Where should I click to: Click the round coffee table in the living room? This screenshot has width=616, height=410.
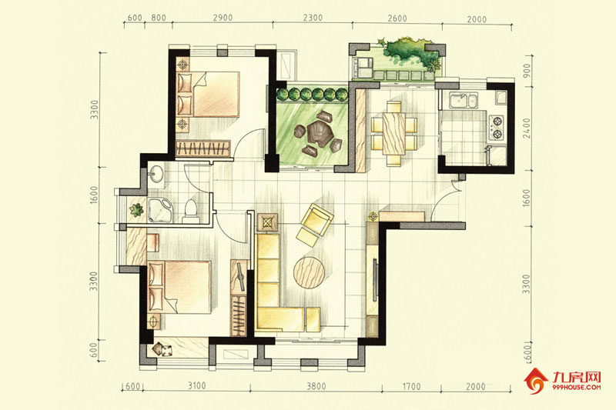[x=310, y=272]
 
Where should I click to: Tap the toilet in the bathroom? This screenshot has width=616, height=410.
[x=191, y=211]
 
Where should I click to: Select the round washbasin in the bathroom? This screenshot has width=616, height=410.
[x=157, y=173]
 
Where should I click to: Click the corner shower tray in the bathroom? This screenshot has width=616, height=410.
[x=160, y=210]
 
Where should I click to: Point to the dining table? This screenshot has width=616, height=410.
[x=393, y=133]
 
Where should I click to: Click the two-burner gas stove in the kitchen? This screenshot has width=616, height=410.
[x=496, y=128]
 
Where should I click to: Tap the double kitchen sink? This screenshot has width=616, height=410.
[x=464, y=100]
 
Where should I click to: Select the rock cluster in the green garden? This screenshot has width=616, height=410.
[x=317, y=132]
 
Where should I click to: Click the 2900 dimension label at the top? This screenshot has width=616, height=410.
[x=223, y=18]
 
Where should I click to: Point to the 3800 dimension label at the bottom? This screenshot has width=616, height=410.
[x=316, y=386]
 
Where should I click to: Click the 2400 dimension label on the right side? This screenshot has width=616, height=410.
[x=527, y=128]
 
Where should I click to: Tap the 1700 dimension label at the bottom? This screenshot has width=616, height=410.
[x=411, y=387]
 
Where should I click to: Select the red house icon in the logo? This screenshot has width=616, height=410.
[x=536, y=381]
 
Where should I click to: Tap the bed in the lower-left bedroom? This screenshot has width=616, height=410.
[x=179, y=287]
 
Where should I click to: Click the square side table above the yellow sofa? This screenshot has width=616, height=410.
[x=267, y=223]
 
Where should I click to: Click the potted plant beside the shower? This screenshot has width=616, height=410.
[x=136, y=210]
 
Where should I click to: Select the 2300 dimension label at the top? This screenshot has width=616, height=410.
[x=313, y=18]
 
